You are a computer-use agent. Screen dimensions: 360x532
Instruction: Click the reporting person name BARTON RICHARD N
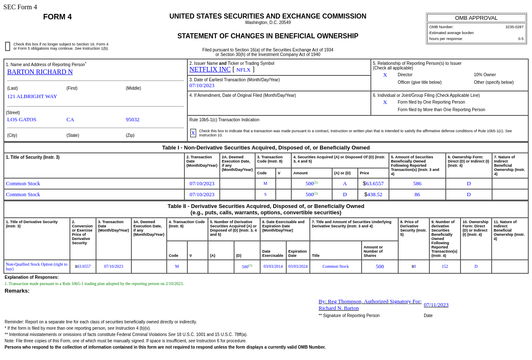[x=40, y=72]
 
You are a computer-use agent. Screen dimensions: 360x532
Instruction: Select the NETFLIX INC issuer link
[x=210, y=69]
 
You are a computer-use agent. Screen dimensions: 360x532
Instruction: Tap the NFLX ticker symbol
[x=243, y=70]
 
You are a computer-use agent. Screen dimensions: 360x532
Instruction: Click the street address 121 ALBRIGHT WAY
[x=32, y=96]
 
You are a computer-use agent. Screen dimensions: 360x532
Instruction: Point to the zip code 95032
[x=133, y=120]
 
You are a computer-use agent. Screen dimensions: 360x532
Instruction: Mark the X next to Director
[x=385, y=75]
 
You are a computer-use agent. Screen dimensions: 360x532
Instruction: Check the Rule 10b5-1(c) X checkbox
[x=193, y=133]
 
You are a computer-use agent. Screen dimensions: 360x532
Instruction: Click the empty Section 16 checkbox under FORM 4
[x=8, y=46]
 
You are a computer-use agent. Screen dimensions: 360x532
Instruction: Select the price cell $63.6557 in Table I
[x=373, y=184]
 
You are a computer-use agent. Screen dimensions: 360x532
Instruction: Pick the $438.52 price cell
[x=373, y=195]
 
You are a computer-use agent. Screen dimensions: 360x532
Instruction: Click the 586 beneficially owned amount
[x=417, y=184]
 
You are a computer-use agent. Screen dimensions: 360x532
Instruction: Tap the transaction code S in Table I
[x=265, y=195]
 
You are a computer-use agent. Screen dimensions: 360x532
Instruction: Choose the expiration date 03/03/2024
[x=298, y=267]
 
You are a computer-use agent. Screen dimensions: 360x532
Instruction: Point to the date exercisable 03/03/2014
[x=273, y=267]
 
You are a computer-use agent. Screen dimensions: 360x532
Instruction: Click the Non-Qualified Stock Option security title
[x=37, y=267]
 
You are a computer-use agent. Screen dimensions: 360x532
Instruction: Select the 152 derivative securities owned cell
[x=445, y=267]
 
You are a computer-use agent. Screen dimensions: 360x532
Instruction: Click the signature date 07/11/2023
[x=436, y=305]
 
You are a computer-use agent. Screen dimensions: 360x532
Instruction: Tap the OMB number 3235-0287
[x=514, y=27]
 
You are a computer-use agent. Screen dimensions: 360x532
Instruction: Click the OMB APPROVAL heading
[x=476, y=18]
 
